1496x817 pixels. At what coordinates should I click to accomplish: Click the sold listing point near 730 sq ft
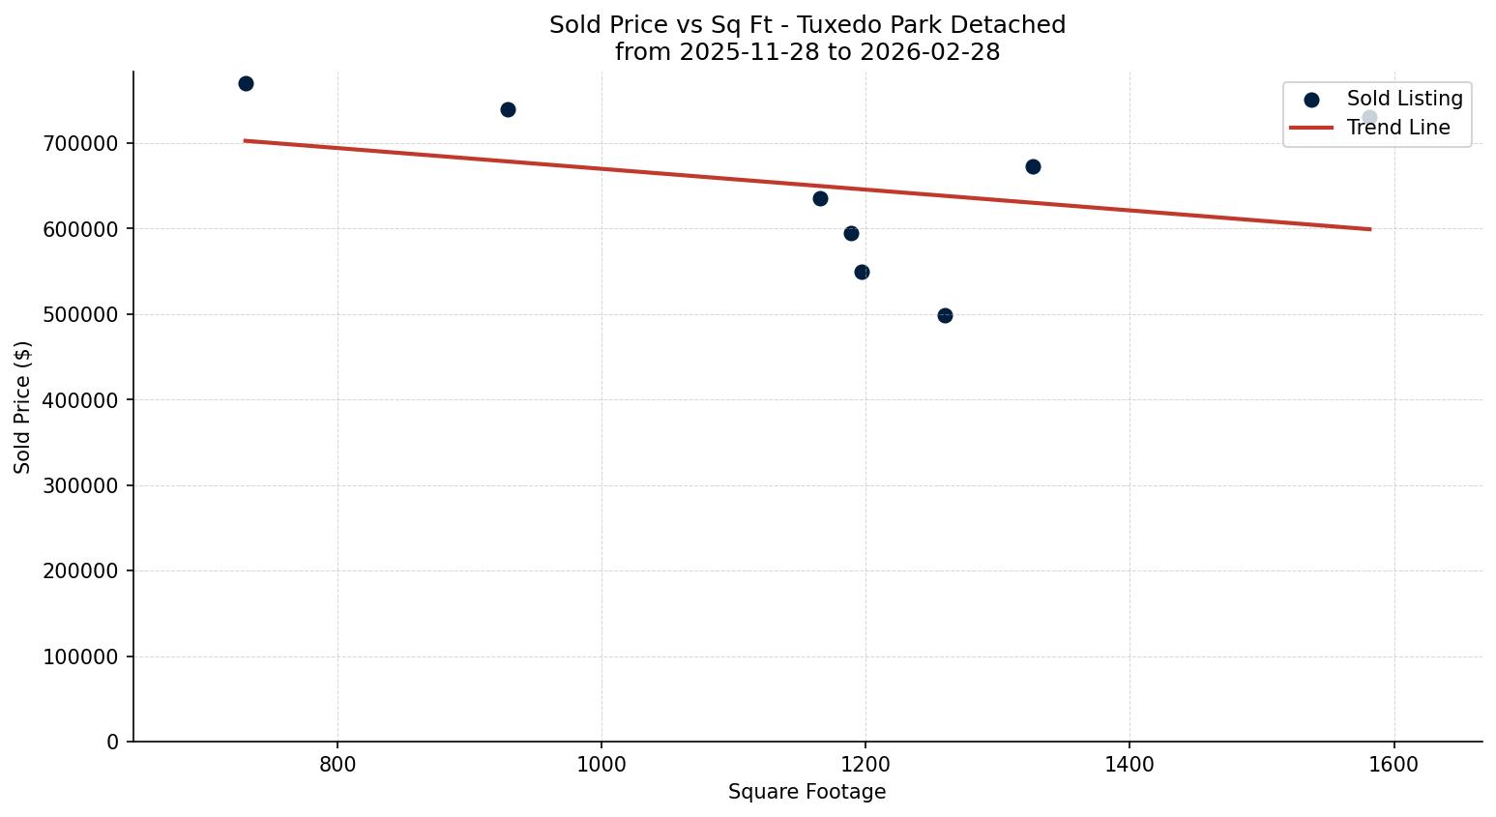coord(246,84)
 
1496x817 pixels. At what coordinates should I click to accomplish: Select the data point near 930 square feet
coord(508,110)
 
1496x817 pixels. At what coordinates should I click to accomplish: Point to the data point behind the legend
coord(1369,118)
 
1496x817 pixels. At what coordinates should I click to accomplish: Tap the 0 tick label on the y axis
coord(113,743)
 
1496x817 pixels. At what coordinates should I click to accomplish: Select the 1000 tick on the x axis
coord(601,765)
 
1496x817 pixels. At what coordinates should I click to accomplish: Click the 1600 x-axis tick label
coord(1393,765)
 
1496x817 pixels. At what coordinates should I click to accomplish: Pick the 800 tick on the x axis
coord(337,765)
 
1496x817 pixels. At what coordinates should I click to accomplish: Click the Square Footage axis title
coord(807,793)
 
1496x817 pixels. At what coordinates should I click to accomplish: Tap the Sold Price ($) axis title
coord(23,407)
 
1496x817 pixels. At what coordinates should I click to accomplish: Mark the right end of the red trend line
coord(1370,229)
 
